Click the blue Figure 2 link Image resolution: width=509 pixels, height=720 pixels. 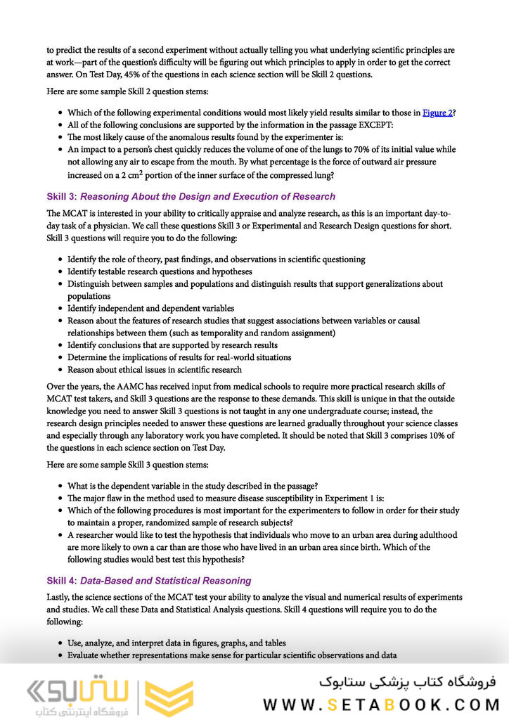(437, 112)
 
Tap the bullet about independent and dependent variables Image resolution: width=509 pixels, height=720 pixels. (150, 308)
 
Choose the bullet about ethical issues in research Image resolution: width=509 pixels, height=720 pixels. (154, 369)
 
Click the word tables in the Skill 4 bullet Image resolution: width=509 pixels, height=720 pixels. (274, 643)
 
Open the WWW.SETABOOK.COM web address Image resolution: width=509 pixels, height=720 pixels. (380, 705)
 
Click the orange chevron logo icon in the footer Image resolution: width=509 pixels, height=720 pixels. (169, 698)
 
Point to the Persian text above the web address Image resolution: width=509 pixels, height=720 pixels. (407, 681)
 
